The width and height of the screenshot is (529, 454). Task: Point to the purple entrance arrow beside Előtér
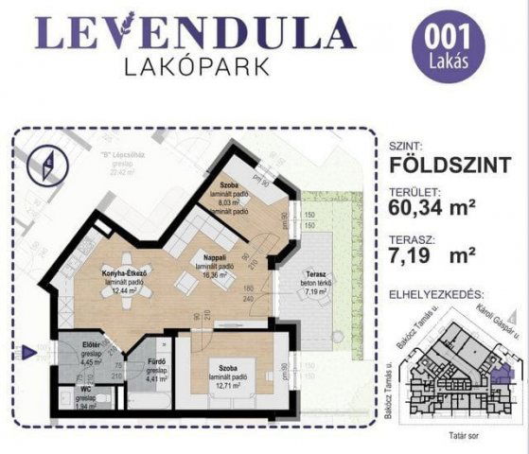click(29, 353)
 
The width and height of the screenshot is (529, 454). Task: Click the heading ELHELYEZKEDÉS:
click(442, 295)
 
